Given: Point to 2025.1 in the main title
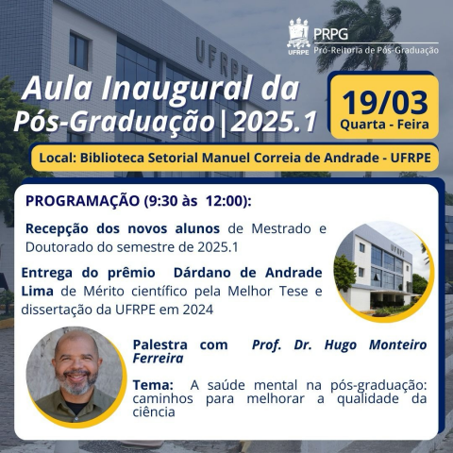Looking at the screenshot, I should [273, 121].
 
